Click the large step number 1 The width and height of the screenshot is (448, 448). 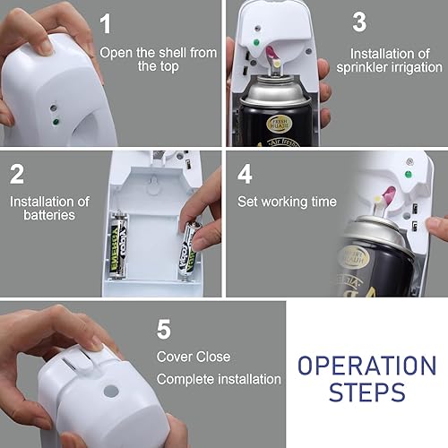105,23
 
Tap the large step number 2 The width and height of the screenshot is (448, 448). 17,174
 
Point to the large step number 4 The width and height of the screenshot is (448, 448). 245,174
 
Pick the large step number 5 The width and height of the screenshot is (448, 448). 164,329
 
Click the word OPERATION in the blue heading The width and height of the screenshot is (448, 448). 367,366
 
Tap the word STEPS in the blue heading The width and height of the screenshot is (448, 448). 367,392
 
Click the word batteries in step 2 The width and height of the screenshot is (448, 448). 49,215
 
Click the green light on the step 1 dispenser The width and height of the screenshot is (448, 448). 56,122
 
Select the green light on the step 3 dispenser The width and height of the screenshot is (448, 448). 256,42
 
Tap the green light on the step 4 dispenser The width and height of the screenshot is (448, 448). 408,174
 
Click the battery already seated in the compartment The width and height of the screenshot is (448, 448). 118,245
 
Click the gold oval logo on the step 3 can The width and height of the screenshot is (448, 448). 279,124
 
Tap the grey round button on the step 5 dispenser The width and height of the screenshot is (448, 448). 111,392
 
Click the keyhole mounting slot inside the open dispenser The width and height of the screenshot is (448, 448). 154,181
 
